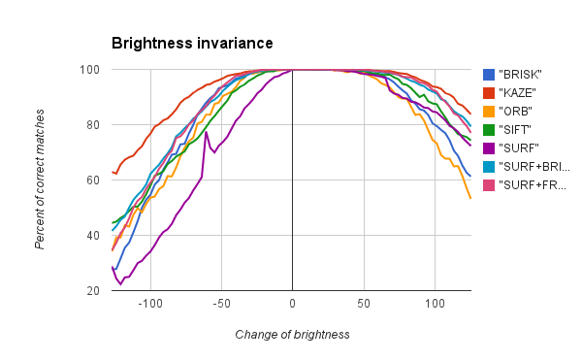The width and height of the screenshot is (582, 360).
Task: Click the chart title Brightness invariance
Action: [192, 44]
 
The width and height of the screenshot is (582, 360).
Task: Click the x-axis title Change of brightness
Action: [292, 334]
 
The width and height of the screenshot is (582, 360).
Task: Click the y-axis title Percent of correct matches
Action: [40, 180]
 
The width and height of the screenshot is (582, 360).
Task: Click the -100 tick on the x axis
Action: [149, 305]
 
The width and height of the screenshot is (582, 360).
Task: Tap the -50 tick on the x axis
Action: [221, 305]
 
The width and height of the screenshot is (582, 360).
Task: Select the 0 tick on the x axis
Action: [292, 305]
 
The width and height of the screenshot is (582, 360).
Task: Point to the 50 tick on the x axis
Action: [364, 305]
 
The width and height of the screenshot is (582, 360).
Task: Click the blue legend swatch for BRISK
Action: [490, 75]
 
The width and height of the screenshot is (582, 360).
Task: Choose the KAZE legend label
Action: [518, 93]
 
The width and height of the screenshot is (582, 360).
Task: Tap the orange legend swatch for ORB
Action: [490, 111]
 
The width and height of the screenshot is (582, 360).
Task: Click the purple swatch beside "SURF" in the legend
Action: [490, 147]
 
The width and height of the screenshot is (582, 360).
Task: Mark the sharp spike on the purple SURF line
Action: [206, 132]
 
